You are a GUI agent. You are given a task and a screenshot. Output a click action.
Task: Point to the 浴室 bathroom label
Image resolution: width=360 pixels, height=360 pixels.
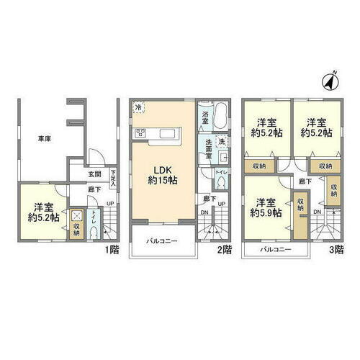point(204,115)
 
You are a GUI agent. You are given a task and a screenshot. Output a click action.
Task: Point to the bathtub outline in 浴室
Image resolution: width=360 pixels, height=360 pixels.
point(220,115)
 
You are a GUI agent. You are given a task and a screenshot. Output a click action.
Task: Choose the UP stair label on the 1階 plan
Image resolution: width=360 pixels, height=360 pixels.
point(109,204)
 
